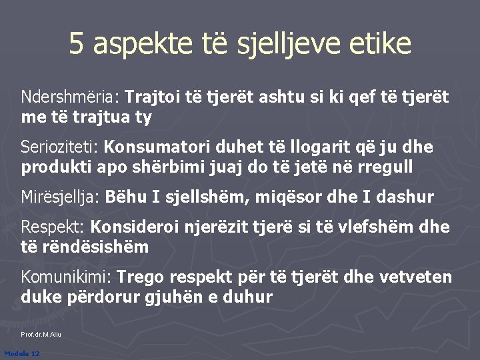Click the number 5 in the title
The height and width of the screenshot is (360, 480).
click(x=77, y=44)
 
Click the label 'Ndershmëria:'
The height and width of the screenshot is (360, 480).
click(x=70, y=99)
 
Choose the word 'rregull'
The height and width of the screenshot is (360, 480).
click(x=385, y=167)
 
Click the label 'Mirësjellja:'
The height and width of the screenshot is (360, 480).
click(x=61, y=197)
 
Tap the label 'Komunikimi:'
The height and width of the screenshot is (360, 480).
click(x=67, y=277)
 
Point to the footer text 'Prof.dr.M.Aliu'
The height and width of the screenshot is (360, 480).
click(x=41, y=334)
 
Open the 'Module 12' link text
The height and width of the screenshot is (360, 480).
click(x=21, y=353)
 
